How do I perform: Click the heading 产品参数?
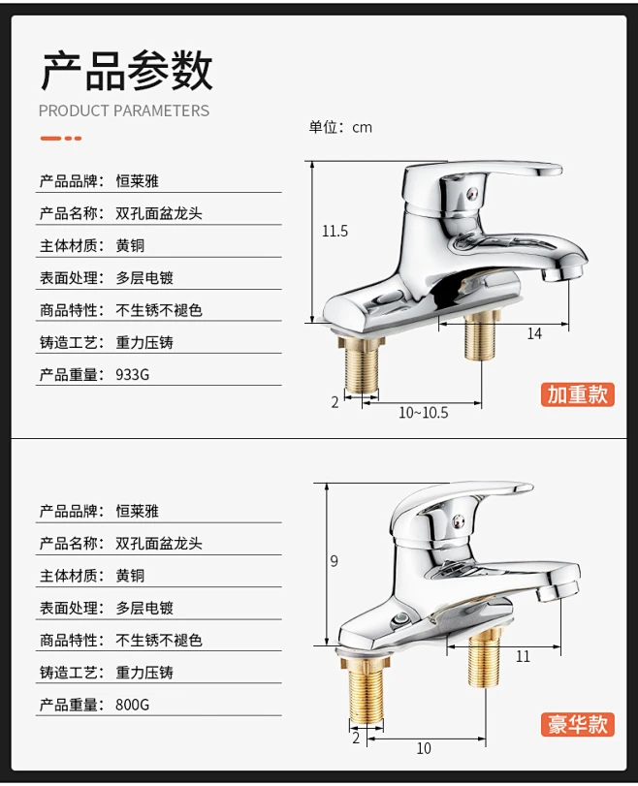(x=127, y=70)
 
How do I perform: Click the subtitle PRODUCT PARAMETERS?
(x=124, y=110)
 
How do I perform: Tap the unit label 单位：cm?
(x=340, y=127)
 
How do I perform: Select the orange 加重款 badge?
(x=577, y=394)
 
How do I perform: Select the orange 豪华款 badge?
(x=577, y=725)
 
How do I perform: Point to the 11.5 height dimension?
(x=335, y=231)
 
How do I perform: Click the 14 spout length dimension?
(x=534, y=333)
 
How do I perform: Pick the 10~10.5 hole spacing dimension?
(x=424, y=413)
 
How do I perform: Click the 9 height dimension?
(x=335, y=561)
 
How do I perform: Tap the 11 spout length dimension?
(x=523, y=656)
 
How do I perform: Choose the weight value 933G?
(x=133, y=374)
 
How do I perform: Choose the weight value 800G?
(x=133, y=705)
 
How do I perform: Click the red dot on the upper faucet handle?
(x=470, y=193)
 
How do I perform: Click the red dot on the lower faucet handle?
(x=458, y=521)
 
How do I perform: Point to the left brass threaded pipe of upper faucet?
(x=361, y=366)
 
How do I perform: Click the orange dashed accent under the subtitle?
(x=61, y=139)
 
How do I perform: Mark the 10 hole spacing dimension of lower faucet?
(x=424, y=748)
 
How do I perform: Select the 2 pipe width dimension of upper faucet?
(x=335, y=402)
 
